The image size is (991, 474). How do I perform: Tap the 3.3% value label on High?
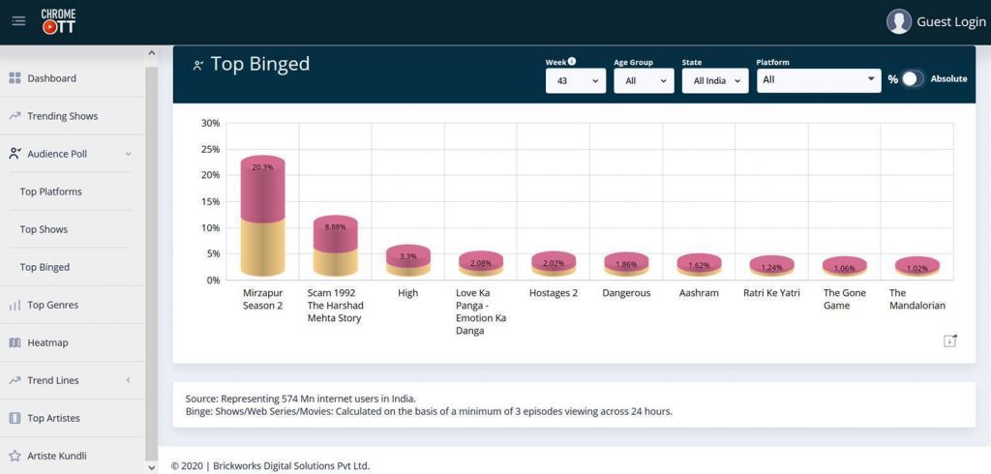407,256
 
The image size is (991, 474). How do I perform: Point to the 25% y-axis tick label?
210,150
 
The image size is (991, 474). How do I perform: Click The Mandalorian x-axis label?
916,299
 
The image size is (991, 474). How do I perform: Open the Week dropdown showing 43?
575,80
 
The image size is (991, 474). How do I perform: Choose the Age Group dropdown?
643,80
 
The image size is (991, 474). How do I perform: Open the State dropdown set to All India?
714,80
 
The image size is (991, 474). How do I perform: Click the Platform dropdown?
818,79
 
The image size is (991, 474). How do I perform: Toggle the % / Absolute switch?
912,79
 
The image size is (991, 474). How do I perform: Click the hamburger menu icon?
18,21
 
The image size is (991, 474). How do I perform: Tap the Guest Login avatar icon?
899,21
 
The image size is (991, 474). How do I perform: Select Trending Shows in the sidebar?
62,116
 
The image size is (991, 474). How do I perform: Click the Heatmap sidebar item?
47,342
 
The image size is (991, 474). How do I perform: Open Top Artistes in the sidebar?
53,418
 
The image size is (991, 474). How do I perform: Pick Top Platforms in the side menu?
50,192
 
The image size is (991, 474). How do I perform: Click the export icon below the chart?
949,341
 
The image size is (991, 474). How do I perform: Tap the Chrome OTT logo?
58,21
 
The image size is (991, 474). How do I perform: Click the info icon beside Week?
572,61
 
